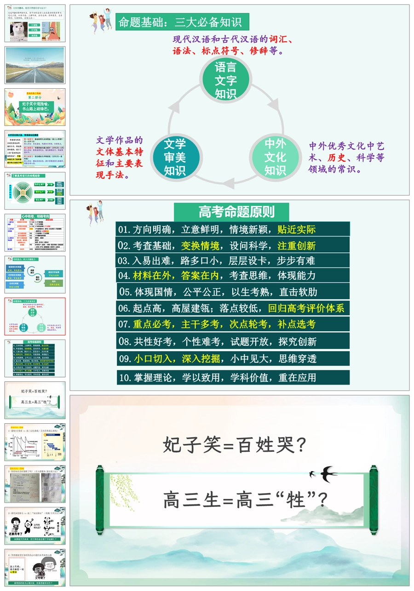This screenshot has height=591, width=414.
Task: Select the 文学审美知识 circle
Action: click(175, 157)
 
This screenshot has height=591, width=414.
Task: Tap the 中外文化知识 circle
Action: click(275, 157)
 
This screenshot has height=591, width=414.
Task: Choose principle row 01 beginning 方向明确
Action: click(233, 229)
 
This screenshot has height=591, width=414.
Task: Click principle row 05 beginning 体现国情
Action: click(233, 292)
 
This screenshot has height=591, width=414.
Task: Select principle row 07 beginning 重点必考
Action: click(233, 324)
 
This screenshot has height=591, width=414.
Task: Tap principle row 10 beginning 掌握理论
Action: click(233, 378)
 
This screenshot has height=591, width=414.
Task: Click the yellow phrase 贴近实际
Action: click(297, 229)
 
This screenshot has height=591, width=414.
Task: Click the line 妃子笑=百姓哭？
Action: click(235, 445)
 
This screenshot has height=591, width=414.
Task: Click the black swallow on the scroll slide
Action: click(329, 473)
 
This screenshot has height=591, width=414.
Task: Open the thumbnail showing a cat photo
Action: click(35, 23)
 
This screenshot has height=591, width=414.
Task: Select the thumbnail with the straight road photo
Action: click(35, 65)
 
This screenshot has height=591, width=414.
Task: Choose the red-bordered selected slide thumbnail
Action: click(35, 316)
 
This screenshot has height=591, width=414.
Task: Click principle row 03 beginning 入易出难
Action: click(233, 261)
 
